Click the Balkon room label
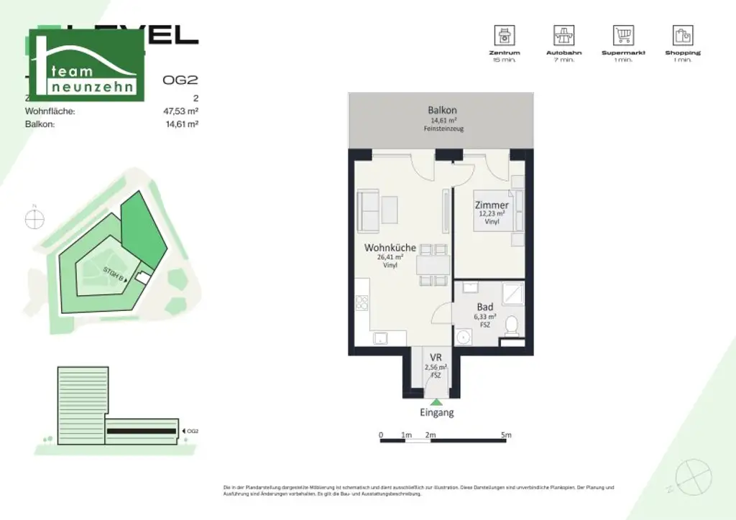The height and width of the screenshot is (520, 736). (442, 111)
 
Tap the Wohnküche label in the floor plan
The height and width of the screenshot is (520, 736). (390, 248)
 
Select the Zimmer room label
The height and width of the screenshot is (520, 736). (492, 205)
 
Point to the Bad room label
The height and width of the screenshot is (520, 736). (485, 307)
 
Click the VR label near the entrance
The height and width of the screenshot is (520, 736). (436, 358)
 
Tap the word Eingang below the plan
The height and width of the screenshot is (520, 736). (437, 413)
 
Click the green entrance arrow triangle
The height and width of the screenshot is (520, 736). (436, 401)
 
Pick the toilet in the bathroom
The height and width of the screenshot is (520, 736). (512, 327)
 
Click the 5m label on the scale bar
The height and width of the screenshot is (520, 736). (506, 435)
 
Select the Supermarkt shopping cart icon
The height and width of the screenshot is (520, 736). (623, 36)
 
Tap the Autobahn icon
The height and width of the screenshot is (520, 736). (563, 36)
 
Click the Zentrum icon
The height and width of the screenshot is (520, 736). (504, 36)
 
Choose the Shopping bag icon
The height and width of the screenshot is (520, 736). (682, 36)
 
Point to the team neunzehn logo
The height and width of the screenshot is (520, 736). (86, 65)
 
